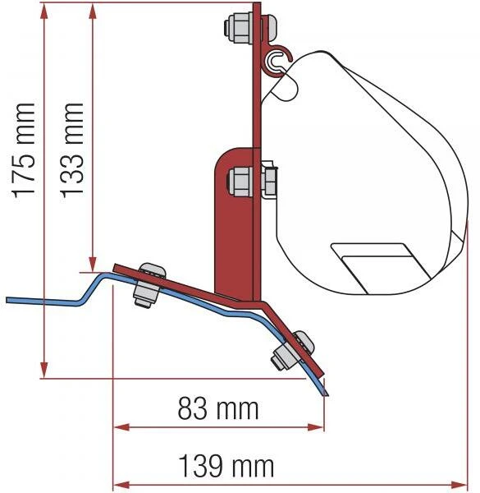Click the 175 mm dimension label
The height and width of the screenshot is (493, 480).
point(23,150)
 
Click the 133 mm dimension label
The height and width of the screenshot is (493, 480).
point(72,150)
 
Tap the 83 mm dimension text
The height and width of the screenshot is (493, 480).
point(218,408)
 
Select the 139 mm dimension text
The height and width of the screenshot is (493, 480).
point(226,466)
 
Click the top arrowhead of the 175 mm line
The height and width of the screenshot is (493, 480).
point(44,11)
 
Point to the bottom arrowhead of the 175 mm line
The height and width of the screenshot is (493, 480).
point(44,370)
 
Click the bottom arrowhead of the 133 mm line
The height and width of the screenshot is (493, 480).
point(93,264)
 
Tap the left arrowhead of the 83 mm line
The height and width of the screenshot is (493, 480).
point(121,427)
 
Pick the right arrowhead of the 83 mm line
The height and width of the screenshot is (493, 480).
point(315,427)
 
